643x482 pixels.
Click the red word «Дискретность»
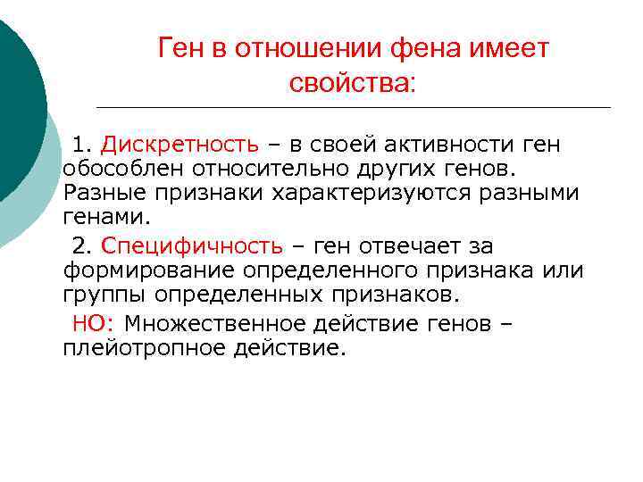180,145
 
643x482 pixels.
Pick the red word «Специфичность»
192,245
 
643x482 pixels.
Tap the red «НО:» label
94,323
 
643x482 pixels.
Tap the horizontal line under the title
353,108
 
